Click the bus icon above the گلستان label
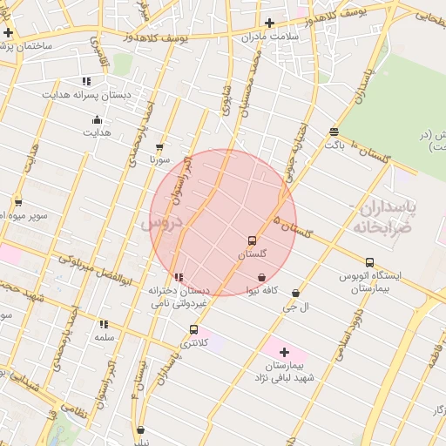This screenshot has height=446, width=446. (252, 240)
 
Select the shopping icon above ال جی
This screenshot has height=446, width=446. (296, 294)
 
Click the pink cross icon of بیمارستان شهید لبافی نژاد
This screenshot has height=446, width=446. (284, 352)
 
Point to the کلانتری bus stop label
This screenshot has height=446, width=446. (194, 344)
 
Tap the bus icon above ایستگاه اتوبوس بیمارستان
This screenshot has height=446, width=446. (370, 262)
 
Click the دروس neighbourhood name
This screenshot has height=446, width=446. (159, 224)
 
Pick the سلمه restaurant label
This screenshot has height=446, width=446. (105, 336)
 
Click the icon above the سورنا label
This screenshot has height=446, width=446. (159, 147)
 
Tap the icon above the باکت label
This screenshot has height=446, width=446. (334, 132)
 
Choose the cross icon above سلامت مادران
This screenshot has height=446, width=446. (270, 24)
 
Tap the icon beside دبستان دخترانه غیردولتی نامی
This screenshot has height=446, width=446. (179, 278)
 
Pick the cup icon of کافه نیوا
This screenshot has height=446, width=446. (261, 278)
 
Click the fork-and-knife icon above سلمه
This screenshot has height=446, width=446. (105, 324)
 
